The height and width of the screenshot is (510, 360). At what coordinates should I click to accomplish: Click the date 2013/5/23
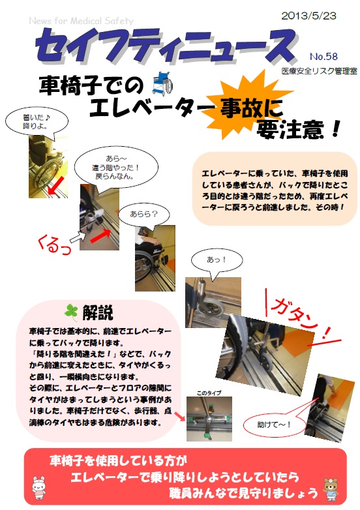pos(308,16)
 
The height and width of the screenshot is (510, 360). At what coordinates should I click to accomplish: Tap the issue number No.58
pos(323,56)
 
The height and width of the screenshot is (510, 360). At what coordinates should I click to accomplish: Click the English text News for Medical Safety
pos(81,21)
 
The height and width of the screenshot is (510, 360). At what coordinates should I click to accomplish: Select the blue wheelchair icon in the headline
pos(162,83)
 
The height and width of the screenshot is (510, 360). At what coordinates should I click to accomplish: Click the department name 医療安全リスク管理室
pos(319,71)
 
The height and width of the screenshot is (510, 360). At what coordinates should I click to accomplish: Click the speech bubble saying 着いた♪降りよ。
pos(37,122)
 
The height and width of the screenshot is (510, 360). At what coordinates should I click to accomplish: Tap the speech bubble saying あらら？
pos(143,215)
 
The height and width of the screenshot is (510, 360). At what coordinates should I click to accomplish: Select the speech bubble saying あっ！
pos(217,260)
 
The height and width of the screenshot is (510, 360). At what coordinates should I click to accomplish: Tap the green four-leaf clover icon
pos(71,312)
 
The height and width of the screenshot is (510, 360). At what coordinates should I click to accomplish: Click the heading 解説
pos(98,312)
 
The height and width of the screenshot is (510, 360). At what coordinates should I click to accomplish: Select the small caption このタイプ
pos(209,393)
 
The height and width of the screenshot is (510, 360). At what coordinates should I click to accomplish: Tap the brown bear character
pos(331,489)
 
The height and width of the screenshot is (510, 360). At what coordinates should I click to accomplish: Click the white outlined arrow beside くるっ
pos(78,237)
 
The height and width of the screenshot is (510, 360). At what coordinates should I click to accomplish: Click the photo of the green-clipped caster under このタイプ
pos(209,419)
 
